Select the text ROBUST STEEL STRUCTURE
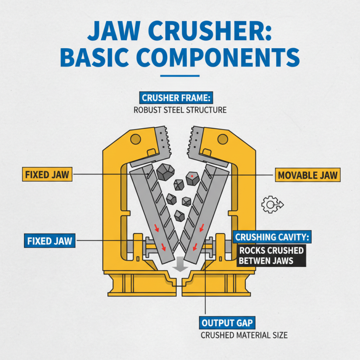[180, 109]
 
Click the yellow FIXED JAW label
[47, 174]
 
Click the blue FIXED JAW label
[49, 241]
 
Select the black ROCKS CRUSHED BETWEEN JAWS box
[271, 255]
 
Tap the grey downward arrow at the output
[180, 264]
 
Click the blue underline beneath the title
[180, 76]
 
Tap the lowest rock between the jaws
[180, 215]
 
